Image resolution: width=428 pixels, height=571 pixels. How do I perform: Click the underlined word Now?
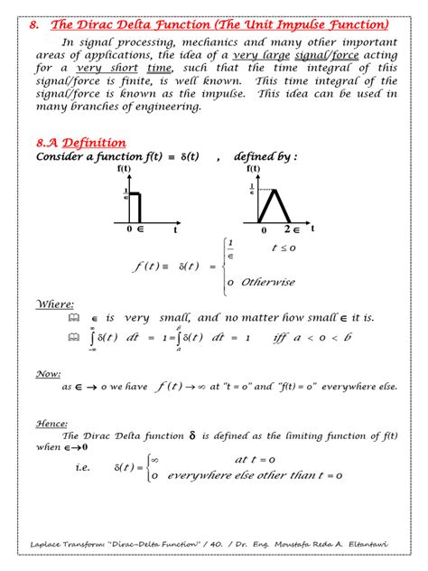click(x=48, y=372)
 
